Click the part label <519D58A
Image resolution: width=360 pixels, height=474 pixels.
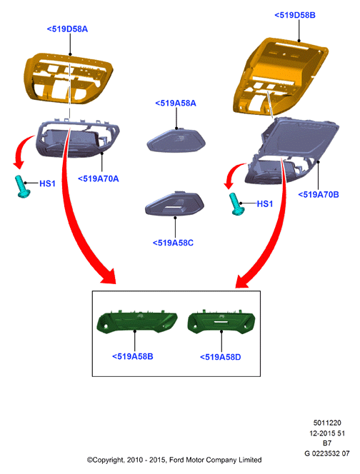click(x=67, y=29)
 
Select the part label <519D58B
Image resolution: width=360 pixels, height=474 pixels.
click(x=295, y=15)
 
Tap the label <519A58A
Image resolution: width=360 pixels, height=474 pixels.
click(x=176, y=103)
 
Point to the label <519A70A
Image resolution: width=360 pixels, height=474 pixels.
click(x=99, y=178)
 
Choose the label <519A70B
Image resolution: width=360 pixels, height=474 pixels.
click(x=319, y=195)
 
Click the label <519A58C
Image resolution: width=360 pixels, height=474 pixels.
click(x=173, y=243)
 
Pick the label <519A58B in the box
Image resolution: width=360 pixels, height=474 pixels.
click(x=133, y=356)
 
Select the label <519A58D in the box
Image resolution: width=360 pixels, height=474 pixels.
click(x=221, y=357)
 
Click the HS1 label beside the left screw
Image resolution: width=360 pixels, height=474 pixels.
click(x=47, y=183)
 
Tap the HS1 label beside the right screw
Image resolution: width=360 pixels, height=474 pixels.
click(x=265, y=204)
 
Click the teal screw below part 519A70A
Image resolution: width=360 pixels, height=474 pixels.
click(x=22, y=186)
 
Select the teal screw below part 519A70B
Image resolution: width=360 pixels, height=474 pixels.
click(x=237, y=204)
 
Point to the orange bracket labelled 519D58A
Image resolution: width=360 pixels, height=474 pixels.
click(x=69, y=78)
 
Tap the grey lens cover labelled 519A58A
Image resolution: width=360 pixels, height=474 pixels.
click(x=176, y=141)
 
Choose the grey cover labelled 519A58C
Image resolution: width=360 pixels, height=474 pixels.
click(x=175, y=203)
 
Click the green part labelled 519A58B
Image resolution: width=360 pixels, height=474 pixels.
click(x=136, y=322)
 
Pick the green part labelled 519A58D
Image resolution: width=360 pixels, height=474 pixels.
click(x=221, y=322)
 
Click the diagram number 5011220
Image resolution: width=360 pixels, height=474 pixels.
click(x=327, y=423)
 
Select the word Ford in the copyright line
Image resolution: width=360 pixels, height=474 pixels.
click(x=176, y=460)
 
